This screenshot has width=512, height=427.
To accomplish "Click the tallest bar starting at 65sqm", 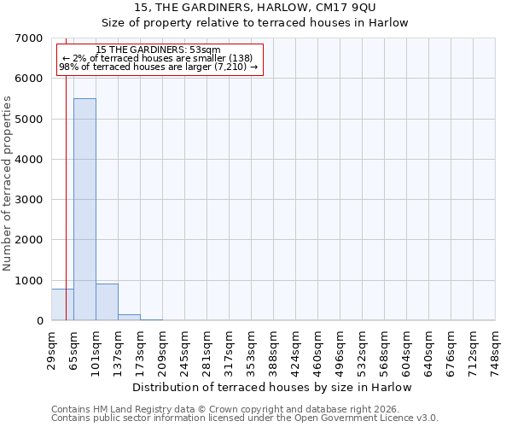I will point(84,209).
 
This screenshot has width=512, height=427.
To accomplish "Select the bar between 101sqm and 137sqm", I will point(107,301).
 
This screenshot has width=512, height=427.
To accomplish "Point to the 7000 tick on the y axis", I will point(30,38).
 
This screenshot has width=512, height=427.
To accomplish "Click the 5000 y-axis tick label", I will point(30,119).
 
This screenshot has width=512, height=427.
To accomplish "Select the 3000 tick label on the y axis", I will point(30,200).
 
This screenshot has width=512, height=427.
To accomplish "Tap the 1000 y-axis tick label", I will point(30,280).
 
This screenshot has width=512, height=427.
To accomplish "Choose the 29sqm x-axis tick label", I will point(52,349).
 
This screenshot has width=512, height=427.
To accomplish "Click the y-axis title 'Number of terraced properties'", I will point(8,183).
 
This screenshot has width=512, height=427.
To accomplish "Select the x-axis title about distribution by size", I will point(273,387).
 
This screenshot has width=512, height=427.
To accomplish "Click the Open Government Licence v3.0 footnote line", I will point(245,418).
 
